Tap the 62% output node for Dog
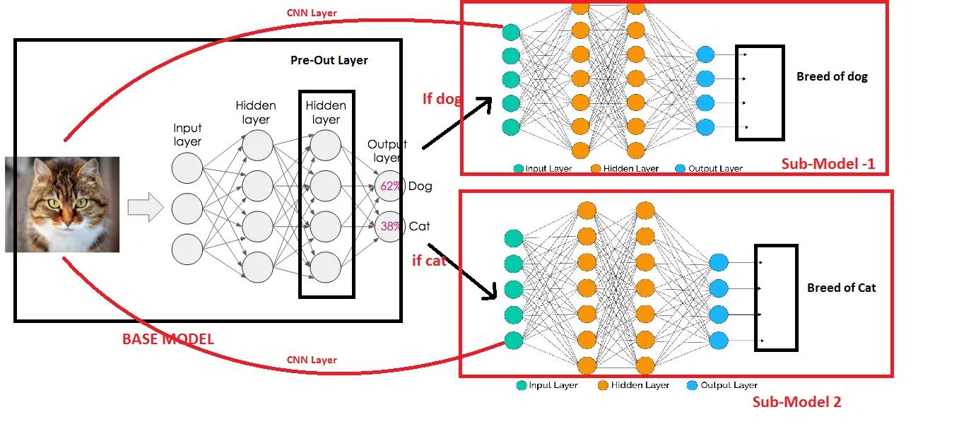click(389, 186)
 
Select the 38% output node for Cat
click(389, 226)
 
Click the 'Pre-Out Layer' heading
click(329, 61)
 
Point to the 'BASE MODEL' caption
click(168, 339)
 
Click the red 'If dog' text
click(442, 99)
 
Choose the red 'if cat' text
click(429, 261)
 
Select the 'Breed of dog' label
click(832, 76)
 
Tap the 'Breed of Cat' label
click(841, 288)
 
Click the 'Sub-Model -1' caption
click(828, 165)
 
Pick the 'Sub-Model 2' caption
click(796, 402)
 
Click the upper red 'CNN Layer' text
click(312, 13)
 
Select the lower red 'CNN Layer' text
click(312, 360)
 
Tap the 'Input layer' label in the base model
click(187, 134)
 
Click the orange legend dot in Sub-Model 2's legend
click(603, 385)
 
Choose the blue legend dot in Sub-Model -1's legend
click(680, 169)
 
